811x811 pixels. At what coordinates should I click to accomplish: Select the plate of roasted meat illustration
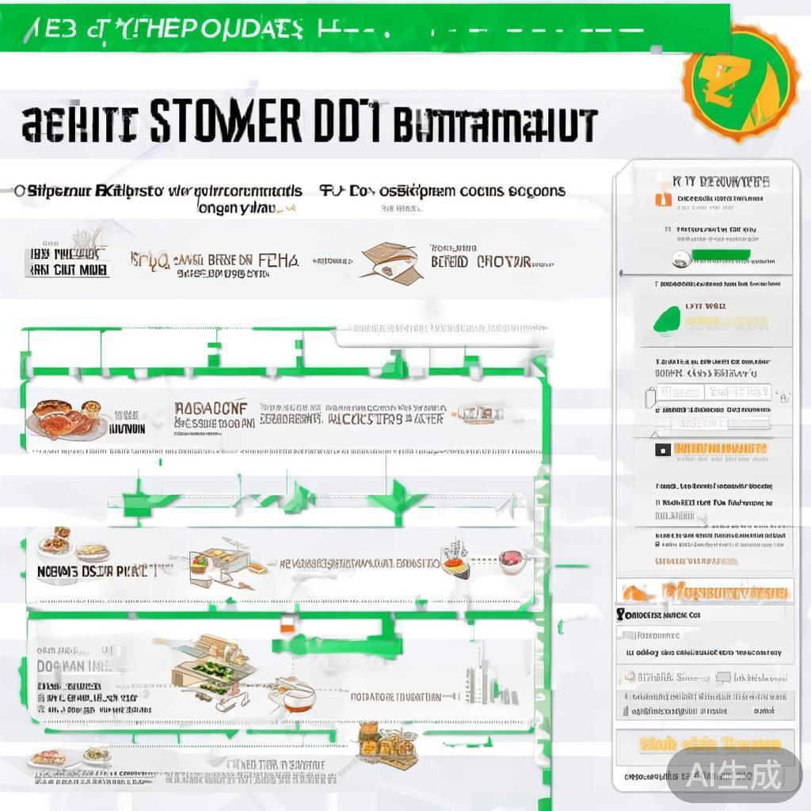(66, 420)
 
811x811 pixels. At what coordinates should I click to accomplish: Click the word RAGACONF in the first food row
(211, 408)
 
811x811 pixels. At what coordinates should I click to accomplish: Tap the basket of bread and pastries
(387, 742)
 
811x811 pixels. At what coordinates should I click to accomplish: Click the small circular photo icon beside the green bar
(679, 257)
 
